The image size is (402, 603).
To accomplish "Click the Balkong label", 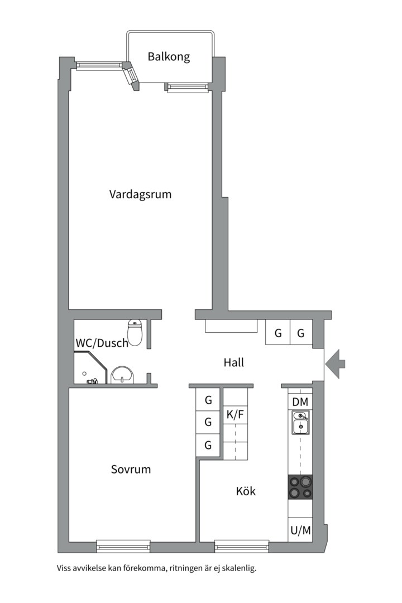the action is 169,57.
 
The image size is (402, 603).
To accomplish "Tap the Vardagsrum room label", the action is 140,194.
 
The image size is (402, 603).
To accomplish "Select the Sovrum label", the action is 131,469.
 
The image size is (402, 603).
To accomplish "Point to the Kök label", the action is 246,491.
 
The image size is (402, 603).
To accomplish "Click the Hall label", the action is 234,362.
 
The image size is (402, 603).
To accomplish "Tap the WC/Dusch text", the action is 102,343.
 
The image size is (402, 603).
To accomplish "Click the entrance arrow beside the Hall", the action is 335,363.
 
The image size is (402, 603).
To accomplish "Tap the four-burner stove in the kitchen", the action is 300,487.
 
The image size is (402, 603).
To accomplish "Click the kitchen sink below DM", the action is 300,423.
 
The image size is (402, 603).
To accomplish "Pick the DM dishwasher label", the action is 300,402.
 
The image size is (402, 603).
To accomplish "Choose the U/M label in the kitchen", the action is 301,531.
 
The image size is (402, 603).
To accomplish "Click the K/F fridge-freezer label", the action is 235,414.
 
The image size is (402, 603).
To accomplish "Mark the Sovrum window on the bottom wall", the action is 123,545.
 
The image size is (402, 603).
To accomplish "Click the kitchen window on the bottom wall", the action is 242,545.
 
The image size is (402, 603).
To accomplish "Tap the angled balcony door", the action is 131,76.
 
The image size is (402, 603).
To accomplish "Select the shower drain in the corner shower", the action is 84,374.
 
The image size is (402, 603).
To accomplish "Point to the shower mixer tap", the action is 92,381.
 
